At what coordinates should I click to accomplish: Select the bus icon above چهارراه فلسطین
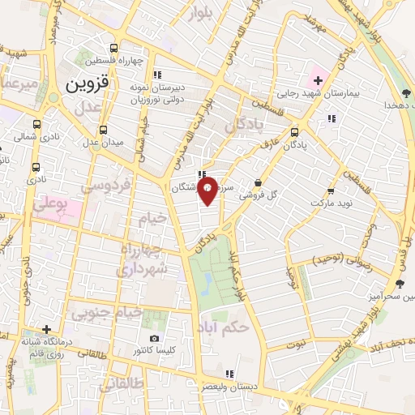coord(114,48)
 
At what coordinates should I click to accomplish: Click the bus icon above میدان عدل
coord(103,130)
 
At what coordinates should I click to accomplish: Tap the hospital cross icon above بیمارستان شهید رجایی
coord(318,80)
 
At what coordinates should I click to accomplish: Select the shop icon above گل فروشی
coord(258,183)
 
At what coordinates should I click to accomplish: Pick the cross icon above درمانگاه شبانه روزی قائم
coord(48,330)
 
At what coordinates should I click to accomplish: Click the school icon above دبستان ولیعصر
coord(229,374)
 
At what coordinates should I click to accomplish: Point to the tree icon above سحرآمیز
coord(399,283)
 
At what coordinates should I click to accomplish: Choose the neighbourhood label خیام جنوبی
coord(107,312)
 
